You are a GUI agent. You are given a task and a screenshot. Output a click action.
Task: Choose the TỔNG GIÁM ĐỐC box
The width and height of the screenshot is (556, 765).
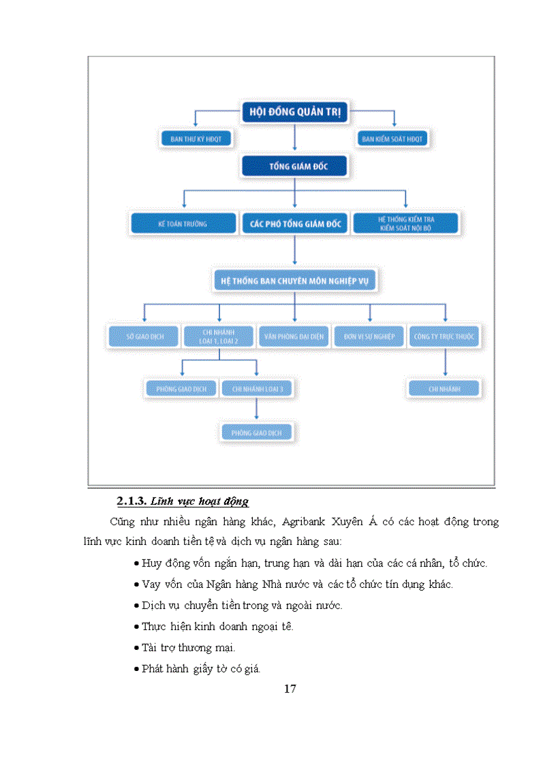[x=294, y=166]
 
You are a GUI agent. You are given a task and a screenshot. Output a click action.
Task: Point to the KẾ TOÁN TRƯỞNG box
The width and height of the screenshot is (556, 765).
[x=183, y=223]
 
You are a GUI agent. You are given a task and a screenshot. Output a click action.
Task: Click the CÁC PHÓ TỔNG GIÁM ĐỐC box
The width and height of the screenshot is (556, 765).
[x=294, y=223]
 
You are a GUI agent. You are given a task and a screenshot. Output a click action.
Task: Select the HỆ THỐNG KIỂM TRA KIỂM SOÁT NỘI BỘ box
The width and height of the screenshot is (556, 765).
[x=406, y=223]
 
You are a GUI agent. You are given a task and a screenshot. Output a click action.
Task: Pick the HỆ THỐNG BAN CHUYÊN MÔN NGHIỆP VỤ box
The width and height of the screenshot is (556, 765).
[x=294, y=280]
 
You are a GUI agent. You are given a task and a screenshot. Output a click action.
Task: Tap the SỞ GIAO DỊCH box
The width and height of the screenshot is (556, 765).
[x=144, y=337]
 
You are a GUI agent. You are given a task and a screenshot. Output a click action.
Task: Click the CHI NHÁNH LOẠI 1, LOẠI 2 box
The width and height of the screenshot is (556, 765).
[x=219, y=337]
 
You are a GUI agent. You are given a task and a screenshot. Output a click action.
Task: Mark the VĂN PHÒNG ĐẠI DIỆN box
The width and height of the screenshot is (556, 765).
[x=294, y=337]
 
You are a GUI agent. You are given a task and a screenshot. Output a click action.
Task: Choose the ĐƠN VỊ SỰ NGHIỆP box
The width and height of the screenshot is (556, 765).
[x=369, y=337]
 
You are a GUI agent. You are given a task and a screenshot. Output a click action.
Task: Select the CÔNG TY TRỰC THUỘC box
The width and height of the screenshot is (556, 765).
[x=445, y=337]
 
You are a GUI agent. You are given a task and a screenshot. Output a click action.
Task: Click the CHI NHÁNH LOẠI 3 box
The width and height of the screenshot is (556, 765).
[x=258, y=389]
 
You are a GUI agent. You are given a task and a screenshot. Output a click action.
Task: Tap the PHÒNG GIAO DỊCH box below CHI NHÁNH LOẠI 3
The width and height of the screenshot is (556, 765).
[x=258, y=433]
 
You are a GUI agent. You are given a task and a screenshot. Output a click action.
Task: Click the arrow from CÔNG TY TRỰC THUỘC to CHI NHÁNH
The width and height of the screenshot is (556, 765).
[x=445, y=363]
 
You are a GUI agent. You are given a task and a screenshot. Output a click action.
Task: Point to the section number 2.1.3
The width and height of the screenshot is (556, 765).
[x=132, y=501]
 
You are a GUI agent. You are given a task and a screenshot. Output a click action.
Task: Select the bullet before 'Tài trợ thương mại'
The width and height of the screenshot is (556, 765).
[x=137, y=648]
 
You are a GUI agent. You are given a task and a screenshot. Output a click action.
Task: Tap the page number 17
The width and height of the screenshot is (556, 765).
[x=290, y=689]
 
